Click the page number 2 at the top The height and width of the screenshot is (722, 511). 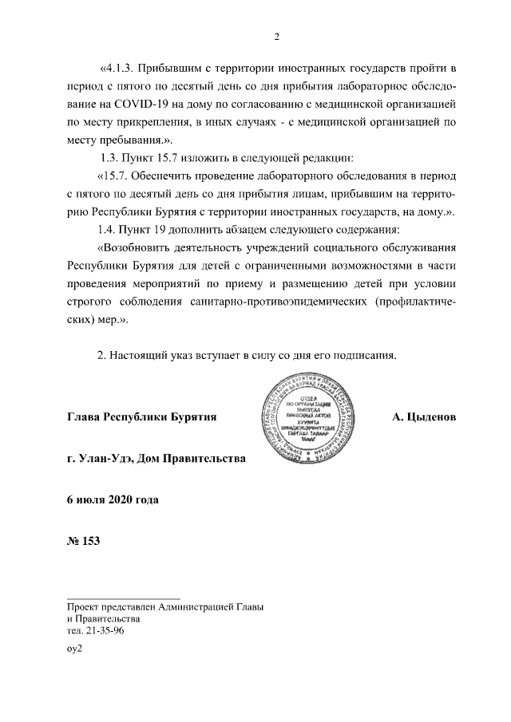coord(276,36)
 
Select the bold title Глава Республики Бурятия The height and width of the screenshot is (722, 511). coord(142,417)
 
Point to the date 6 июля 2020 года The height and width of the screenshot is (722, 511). coord(113,500)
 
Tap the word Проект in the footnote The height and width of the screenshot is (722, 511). coord(85,607)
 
